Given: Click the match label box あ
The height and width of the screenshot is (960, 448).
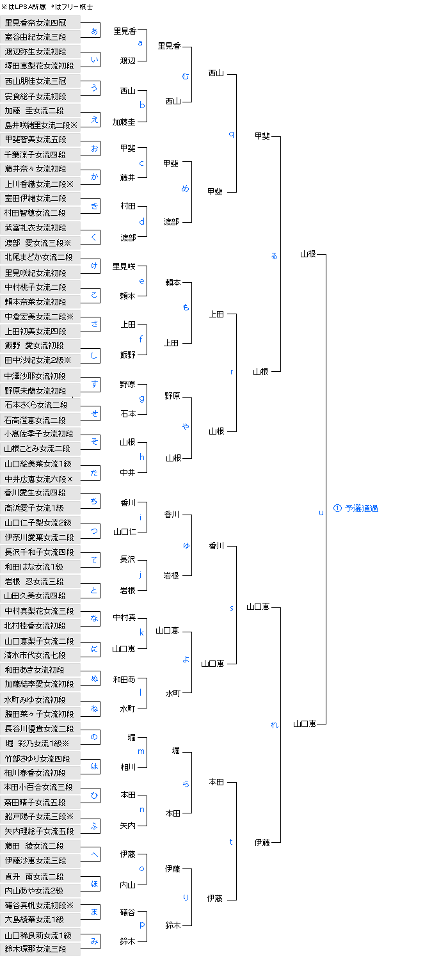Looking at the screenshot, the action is coord(94,31).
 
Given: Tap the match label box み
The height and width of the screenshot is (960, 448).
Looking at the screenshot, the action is coord(94,941).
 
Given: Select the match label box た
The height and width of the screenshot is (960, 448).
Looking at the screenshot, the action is coord(94,472).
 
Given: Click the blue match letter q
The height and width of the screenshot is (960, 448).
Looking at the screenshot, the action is coord(231,134).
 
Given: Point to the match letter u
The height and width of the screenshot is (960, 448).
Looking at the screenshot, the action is coord(321,512).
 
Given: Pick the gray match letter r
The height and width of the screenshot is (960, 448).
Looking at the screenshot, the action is coord(231,372).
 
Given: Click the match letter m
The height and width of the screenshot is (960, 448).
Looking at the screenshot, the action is coord(141,751).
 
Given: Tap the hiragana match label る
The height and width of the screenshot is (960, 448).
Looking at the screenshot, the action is coord(275,255).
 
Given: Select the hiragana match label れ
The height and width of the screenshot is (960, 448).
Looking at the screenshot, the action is coord(275,724).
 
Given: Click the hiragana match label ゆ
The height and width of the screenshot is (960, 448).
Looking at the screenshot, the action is coord(186,545).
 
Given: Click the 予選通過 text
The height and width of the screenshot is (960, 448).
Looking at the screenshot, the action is coord(361,508).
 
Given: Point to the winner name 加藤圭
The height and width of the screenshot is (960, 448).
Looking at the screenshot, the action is coord(124,122).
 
